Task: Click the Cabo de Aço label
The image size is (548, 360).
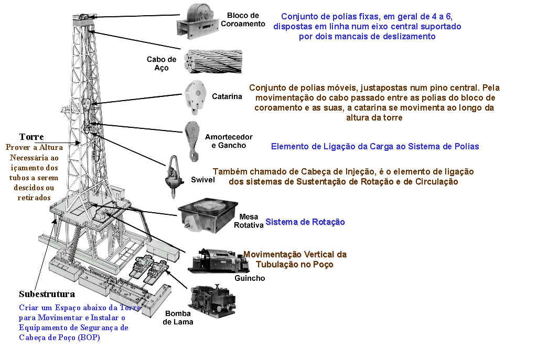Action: point(161,63)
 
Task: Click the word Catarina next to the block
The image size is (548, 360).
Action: point(227,96)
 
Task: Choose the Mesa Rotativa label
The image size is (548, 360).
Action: point(249,220)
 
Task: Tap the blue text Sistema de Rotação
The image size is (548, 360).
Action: point(305,222)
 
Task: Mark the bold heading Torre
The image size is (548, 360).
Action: point(31,137)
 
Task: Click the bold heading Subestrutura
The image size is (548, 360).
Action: point(47,294)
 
